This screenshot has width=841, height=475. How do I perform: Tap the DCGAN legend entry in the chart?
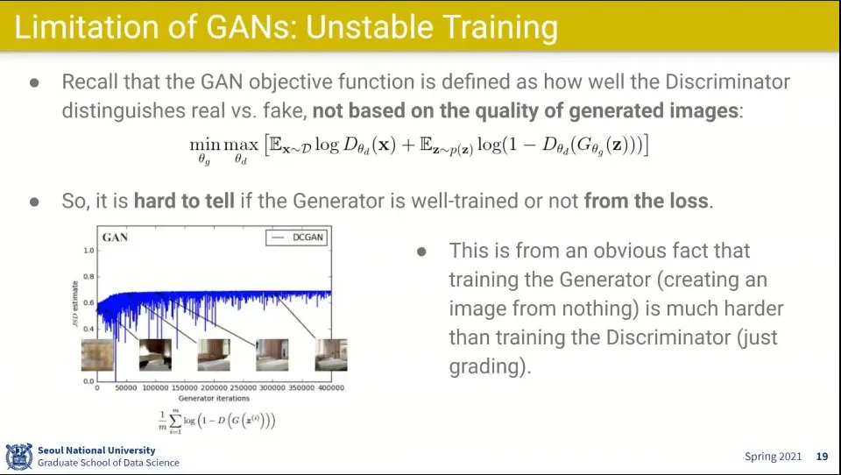click(297, 237)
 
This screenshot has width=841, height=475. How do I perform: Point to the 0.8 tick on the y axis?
click(88, 277)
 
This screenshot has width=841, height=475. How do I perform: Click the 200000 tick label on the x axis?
click(214, 387)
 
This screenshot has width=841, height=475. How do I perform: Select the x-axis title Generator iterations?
click(214, 398)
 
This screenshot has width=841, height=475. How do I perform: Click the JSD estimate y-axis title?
click(75, 304)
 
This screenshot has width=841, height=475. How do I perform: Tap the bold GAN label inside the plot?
click(115, 237)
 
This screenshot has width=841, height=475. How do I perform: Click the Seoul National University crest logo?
click(18, 457)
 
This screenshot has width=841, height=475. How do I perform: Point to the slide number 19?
click(823, 457)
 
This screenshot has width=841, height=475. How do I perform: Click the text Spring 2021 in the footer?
click(773, 457)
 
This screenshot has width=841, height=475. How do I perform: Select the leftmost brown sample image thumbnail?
click(97, 355)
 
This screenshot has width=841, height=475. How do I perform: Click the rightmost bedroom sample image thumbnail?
click(331, 355)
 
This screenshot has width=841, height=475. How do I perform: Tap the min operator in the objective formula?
click(205, 145)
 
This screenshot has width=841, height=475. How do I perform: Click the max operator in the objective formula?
click(241, 145)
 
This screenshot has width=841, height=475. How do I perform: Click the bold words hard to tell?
click(184, 201)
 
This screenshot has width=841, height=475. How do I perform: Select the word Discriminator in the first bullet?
click(727, 82)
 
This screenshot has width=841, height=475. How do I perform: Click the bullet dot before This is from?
click(421, 252)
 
